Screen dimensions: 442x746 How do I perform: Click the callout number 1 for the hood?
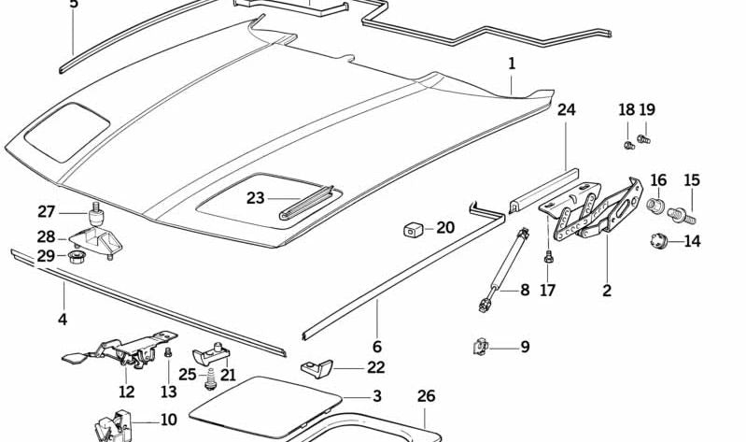pos(512,64)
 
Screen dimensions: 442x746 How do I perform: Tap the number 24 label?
pos(567,109)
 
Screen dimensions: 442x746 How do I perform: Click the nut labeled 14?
pos(659,241)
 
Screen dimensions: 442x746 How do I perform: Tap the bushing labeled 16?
pos(655,204)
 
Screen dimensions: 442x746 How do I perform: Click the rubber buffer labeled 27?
pos(93,215)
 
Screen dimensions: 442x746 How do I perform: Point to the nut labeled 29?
pos(75,255)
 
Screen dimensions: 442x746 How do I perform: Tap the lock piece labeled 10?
pos(114,425)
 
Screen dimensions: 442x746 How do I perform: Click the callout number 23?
pos(256,197)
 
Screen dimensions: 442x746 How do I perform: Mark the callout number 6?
pos(377,346)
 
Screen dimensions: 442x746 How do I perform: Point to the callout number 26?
pos(426,396)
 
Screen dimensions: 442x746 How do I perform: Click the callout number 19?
pos(647,109)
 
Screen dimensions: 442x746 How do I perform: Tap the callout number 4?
pos(63,319)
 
